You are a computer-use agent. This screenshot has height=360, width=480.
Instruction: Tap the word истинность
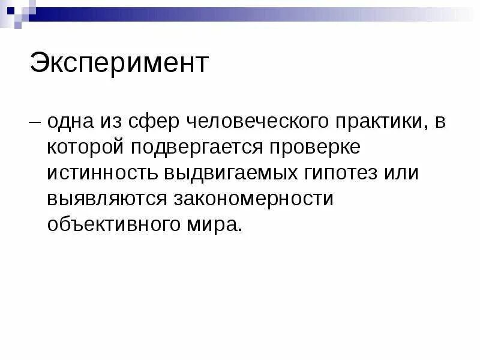coord(102,173)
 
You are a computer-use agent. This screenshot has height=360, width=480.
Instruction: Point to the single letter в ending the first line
coord(440,122)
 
